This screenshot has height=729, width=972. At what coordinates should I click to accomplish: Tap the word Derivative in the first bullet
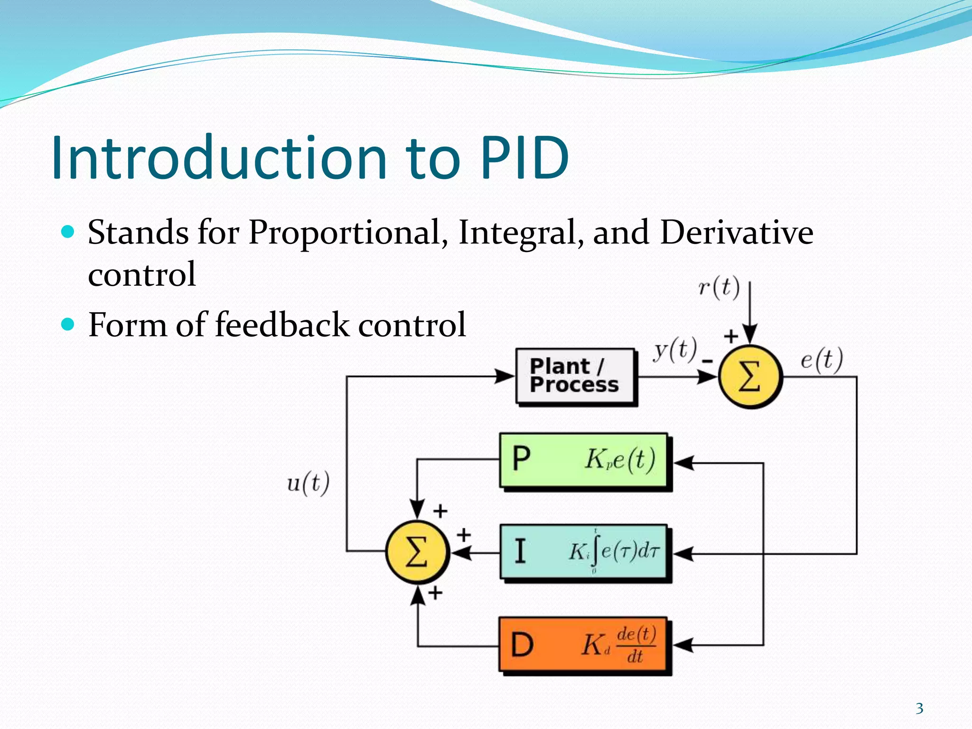point(736,233)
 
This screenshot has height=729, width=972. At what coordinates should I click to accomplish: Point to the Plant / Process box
point(576,376)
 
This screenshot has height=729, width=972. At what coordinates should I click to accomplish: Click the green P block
point(584,460)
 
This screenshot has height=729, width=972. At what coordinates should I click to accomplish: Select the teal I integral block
point(584,552)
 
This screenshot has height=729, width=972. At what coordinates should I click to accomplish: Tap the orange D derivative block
point(584,645)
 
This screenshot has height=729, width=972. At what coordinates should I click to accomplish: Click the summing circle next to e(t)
point(750,376)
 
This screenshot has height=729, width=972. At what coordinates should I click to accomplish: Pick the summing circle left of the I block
point(417,552)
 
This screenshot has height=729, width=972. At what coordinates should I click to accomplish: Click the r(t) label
point(719,288)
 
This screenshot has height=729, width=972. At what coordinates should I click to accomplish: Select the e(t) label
point(822,359)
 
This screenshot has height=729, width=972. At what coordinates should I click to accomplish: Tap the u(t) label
point(308,483)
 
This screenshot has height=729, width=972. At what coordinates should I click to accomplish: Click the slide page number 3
point(919,709)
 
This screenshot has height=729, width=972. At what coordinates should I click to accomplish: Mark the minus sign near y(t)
point(707,362)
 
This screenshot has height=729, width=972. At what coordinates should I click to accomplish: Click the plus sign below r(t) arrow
point(731,336)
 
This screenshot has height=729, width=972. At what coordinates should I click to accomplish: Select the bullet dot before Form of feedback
point(68,325)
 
